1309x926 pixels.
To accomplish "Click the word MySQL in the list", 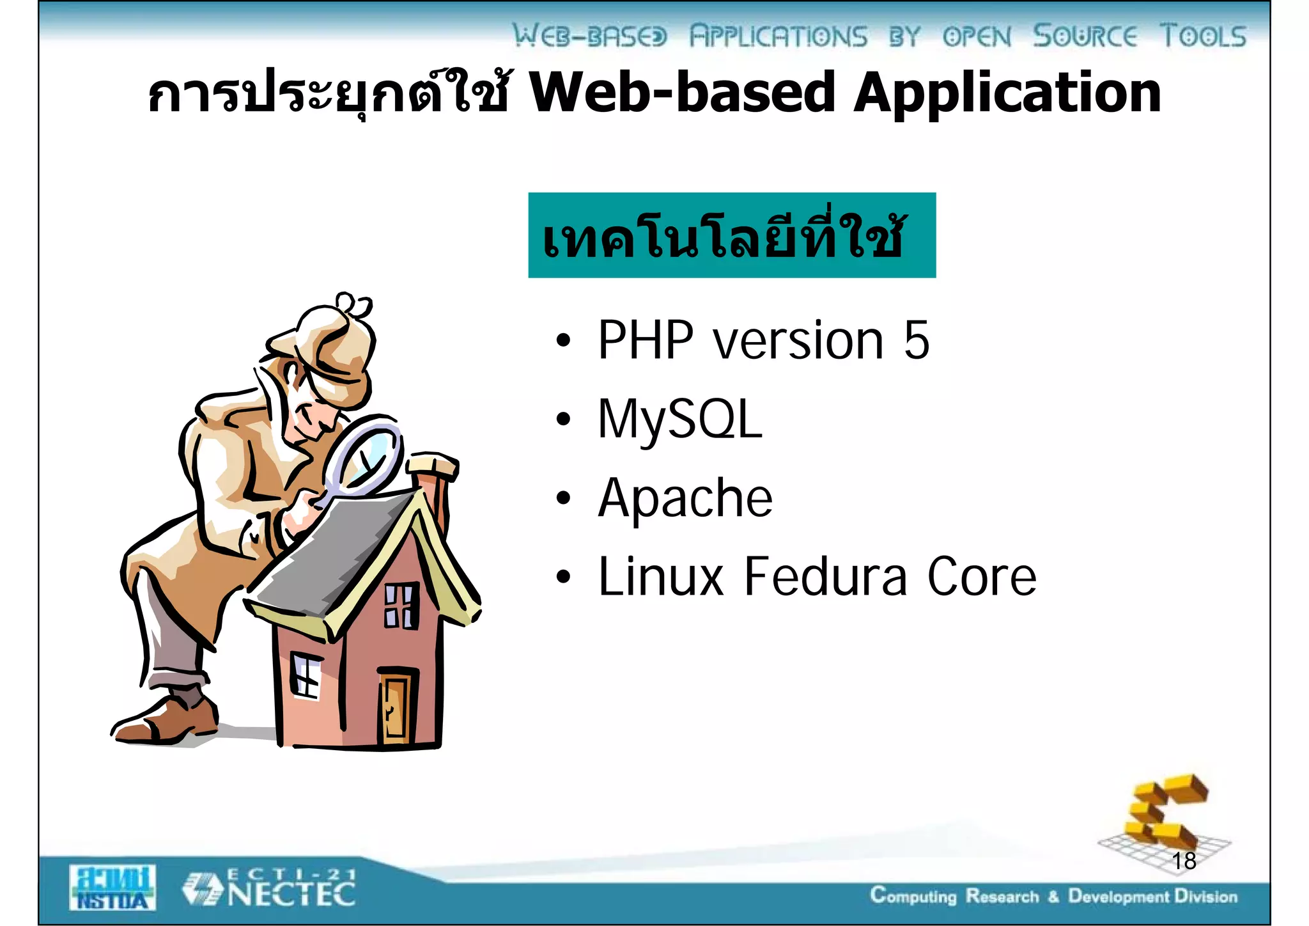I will point(680,420).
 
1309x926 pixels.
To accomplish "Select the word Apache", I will point(685,498).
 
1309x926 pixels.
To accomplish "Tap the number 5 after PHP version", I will point(916,340).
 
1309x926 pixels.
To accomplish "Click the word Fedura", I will point(825,577).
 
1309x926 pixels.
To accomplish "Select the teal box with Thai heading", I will point(731,235).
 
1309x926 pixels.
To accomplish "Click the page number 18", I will point(1184,861).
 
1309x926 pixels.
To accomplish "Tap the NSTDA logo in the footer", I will point(112,888).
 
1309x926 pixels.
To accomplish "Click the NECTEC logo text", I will point(291,893).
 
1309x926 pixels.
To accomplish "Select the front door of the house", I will point(396,706).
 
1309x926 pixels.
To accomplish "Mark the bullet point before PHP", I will point(562,341).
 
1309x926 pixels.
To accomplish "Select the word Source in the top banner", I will point(1085,36).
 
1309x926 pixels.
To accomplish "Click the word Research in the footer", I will point(1002,897).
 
